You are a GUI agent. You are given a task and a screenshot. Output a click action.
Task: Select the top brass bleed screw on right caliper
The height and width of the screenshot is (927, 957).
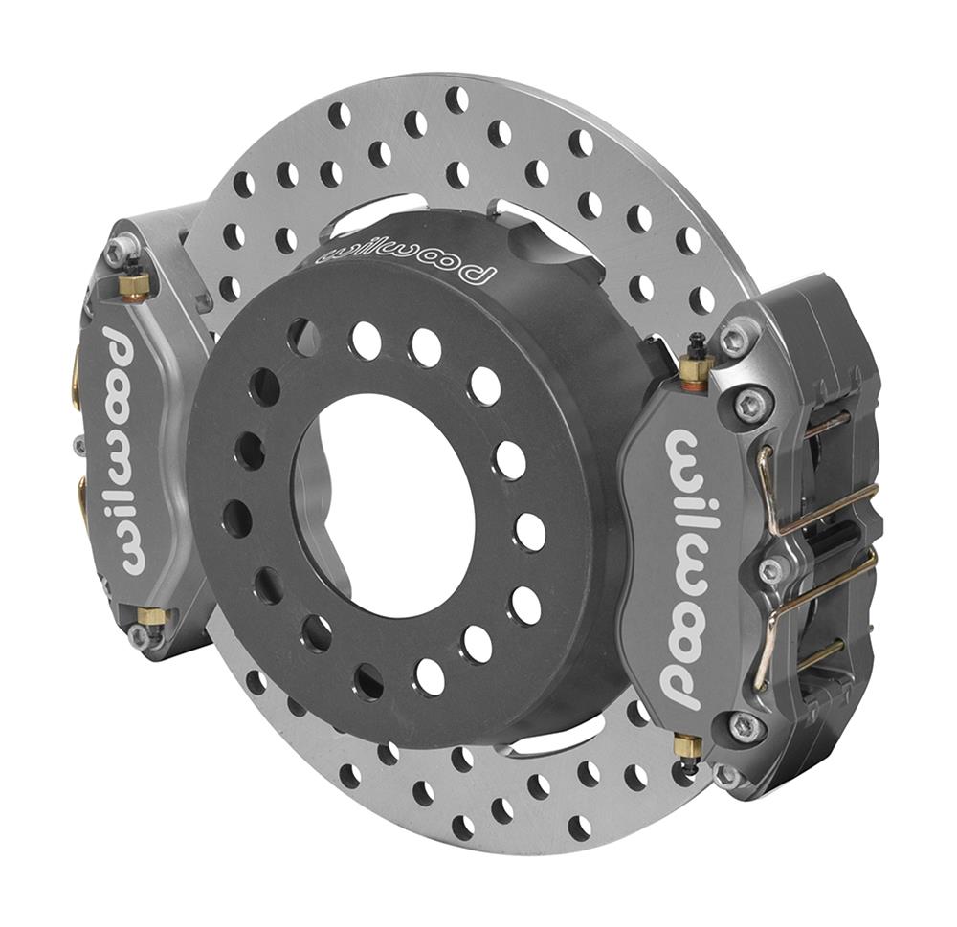pos(696,369)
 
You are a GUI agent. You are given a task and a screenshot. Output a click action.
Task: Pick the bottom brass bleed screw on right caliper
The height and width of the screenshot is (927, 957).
pos(685,747)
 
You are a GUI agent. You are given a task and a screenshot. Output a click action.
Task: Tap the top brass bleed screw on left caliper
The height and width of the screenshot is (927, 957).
pos(134,282)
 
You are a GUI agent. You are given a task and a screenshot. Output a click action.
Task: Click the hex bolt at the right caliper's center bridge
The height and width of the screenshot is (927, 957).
pos(769,571)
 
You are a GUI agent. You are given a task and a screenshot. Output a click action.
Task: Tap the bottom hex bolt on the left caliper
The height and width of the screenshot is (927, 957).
pos(142,635)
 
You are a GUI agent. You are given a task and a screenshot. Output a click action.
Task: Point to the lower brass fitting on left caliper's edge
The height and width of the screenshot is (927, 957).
pos(81,497)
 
